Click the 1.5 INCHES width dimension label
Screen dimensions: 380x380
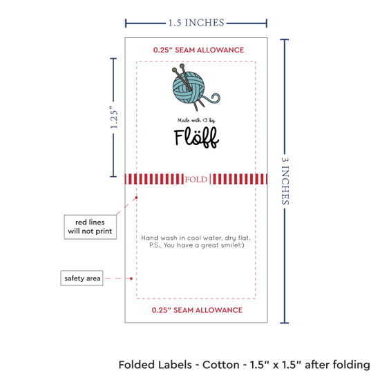pyautogui.click(x=196, y=23)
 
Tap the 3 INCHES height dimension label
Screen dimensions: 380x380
pyautogui.click(x=285, y=181)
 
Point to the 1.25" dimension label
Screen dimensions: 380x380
pyautogui.click(x=114, y=117)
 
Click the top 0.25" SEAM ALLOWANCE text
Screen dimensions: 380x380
pyautogui.click(x=198, y=50)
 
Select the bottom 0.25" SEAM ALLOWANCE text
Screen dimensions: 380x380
pyautogui.click(x=197, y=310)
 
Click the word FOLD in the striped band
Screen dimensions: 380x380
pyautogui.click(x=196, y=180)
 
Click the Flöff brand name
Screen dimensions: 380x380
pyautogui.click(x=196, y=137)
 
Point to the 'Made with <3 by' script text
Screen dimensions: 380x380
pyautogui.click(x=196, y=120)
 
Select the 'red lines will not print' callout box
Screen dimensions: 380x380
pyautogui.click(x=90, y=227)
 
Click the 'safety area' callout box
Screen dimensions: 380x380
pyautogui.click(x=82, y=278)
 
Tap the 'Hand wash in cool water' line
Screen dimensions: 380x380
pyautogui.click(x=196, y=238)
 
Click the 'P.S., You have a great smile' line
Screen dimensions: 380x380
pyautogui.click(x=196, y=245)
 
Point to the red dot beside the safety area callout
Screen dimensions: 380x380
pyautogui.click(x=131, y=278)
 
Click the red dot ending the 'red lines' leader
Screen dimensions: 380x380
pyautogui.click(x=136, y=198)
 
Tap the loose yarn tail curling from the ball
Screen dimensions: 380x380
pyautogui.click(x=213, y=98)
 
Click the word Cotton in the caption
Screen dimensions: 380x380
pyautogui.click(x=221, y=365)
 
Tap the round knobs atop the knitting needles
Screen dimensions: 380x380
pyautogui.click(x=178, y=68)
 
